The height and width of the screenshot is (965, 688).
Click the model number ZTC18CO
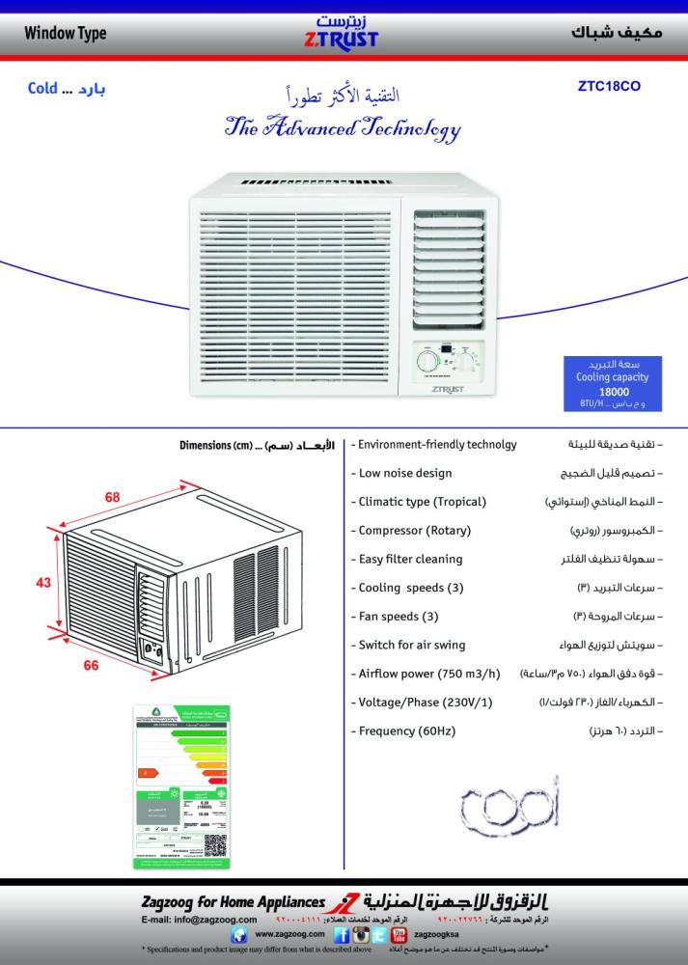coord(608,85)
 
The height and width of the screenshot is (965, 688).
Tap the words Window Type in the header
coord(66,34)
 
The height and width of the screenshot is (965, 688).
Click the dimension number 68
coord(113,497)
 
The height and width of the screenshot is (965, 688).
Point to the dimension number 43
coord(43,582)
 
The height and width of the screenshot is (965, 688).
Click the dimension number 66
coord(92,665)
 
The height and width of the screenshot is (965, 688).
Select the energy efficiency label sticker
coord(180,786)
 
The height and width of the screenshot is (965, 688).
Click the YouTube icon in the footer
coord(397,935)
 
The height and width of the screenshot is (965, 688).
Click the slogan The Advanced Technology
coord(343,127)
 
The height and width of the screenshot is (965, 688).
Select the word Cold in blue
coord(42,89)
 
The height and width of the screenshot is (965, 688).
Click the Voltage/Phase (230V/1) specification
coord(425,703)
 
